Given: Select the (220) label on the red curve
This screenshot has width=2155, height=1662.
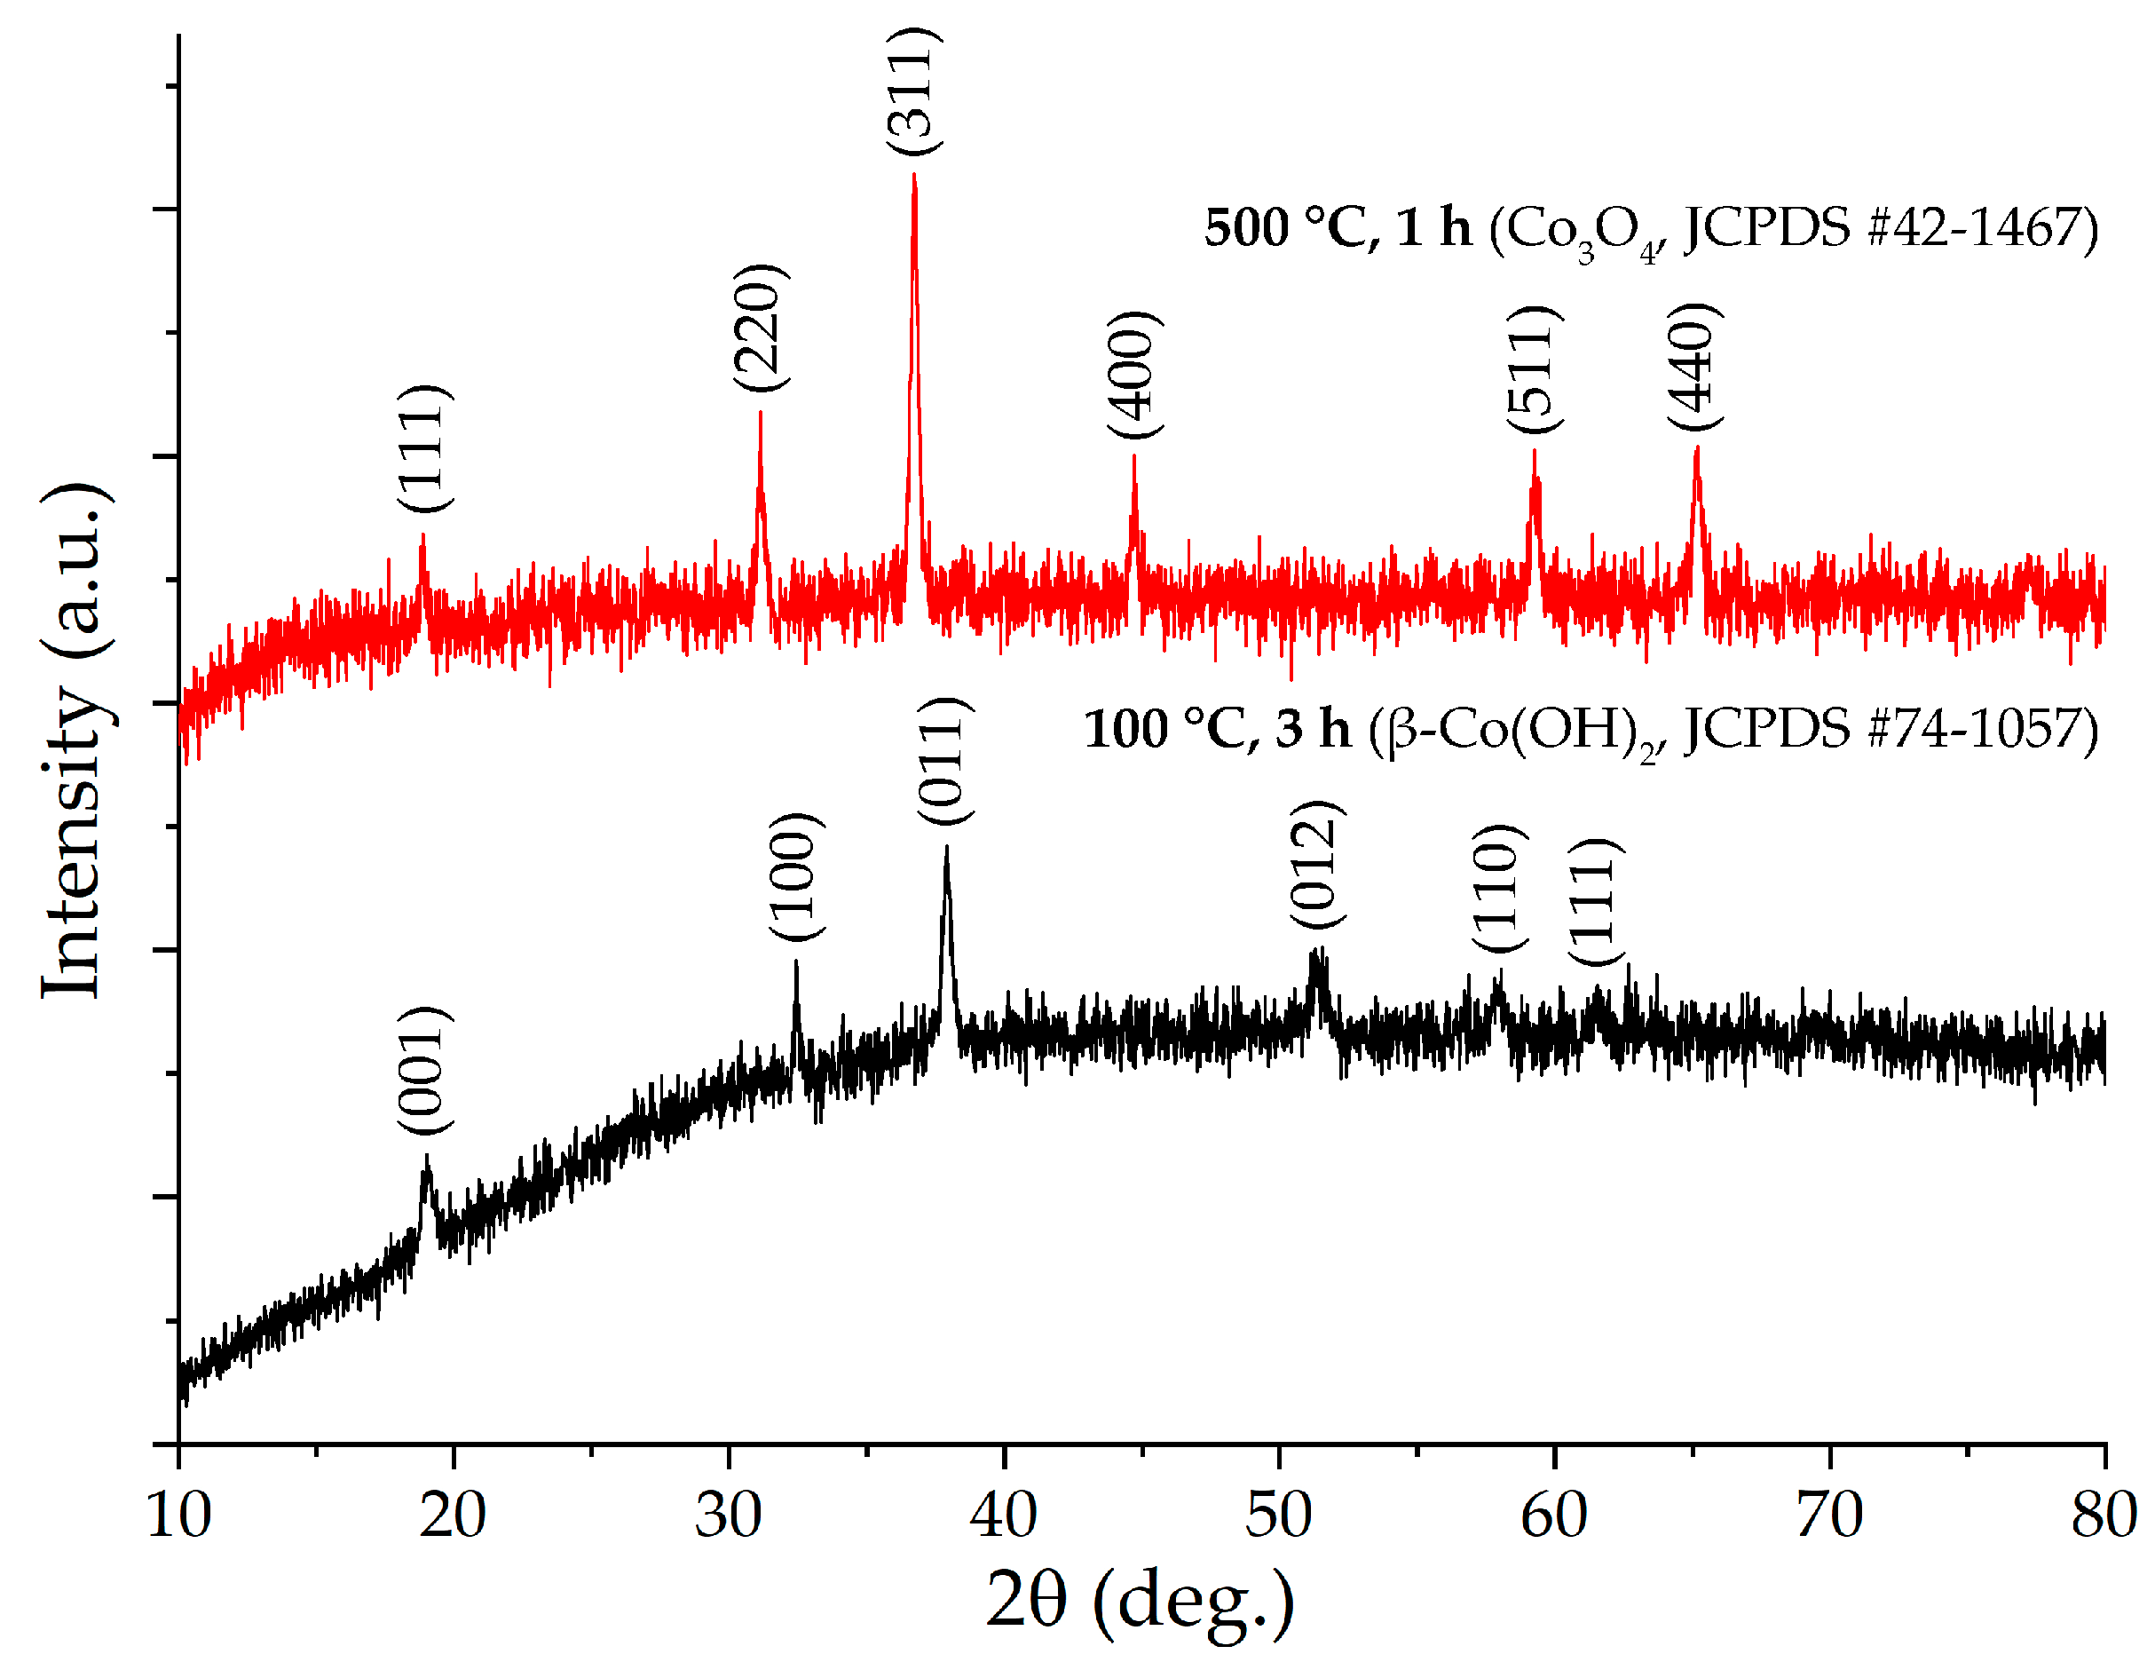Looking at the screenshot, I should coord(761,327).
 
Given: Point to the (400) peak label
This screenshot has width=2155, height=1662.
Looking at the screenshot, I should coord(1134,374).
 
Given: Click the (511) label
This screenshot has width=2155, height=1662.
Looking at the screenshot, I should coord(1535,368).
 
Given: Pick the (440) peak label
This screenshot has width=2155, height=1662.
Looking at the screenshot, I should coord(1695,365).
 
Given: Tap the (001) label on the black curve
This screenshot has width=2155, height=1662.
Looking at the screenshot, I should coord(424,1071).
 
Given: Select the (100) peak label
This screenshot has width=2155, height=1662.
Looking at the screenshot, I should coord(796,876).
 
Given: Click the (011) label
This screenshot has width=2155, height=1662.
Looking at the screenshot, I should coord(944,760).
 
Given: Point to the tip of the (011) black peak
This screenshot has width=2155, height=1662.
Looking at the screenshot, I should coord(947,848).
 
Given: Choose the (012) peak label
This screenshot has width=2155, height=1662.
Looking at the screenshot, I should coord(1317,864).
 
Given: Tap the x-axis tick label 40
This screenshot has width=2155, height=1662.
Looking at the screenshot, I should coord(1004,1514).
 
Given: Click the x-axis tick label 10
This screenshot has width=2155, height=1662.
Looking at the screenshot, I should coord(178,1514).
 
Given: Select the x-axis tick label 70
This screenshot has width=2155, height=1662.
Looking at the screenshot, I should coord(1828,1514).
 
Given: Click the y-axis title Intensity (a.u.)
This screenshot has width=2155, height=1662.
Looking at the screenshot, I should coord(74,740).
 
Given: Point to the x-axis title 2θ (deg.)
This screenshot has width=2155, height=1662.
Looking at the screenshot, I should coord(1140,1599).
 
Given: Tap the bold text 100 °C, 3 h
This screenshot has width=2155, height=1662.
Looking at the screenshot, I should coord(1216,730).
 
